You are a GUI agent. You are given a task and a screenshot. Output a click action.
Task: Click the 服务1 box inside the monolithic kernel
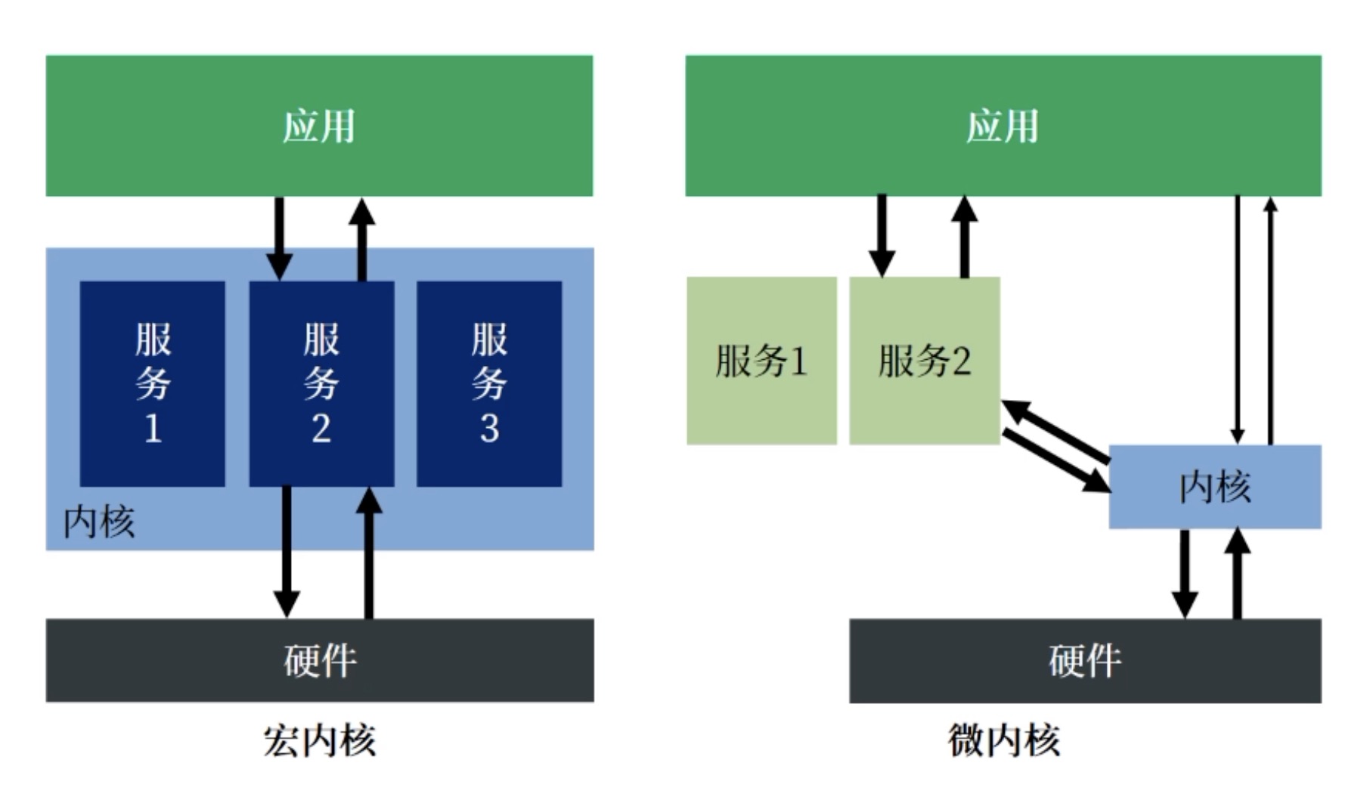coord(152,383)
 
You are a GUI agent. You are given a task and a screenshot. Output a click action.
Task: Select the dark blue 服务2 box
coord(321,383)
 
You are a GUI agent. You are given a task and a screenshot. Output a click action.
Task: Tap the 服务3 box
coord(489,383)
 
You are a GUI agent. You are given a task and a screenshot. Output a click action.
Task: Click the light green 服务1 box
coord(761,361)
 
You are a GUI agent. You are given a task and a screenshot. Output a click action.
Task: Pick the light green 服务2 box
coord(924,361)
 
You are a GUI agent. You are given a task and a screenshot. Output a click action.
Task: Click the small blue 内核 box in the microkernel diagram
coord(1214,486)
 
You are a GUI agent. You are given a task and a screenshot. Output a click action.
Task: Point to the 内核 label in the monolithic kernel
coord(98,522)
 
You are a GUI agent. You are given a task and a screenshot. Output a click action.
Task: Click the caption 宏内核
coord(319,740)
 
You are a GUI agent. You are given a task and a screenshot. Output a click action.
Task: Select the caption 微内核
coord(1003,740)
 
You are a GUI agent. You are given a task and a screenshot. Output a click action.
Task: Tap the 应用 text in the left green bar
coord(319,126)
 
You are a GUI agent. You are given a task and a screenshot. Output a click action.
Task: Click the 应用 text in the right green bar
coord(1003,126)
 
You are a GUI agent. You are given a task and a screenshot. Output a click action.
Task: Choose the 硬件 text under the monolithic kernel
coord(319,660)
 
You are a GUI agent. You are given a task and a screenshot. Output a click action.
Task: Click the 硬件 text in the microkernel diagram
coord(1084,660)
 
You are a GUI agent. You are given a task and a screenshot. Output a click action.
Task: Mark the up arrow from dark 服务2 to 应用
coord(362,238)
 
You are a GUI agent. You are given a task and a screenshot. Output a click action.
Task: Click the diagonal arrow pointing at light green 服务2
coord(1055,432)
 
